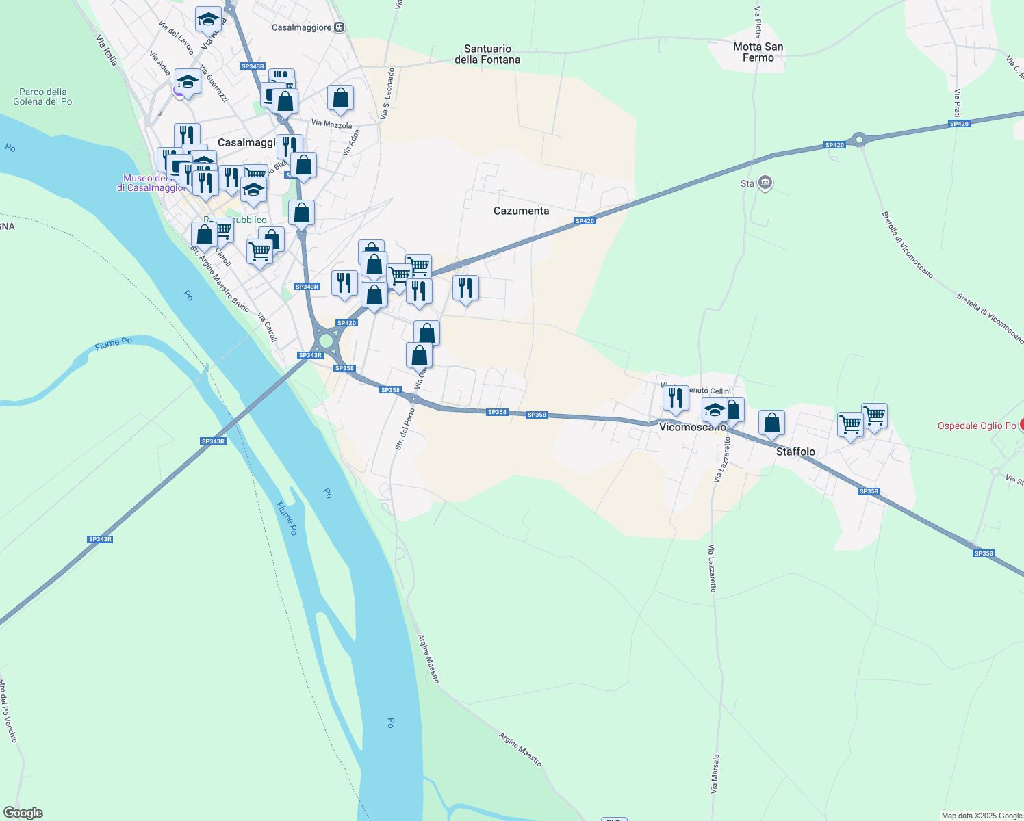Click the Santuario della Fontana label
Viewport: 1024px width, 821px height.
[487, 54]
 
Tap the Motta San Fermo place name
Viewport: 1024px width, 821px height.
[758, 52]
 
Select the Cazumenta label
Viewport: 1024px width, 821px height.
[521, 211]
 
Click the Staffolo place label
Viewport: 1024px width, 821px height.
[795, 452]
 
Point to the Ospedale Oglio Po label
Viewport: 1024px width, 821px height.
[976, 426]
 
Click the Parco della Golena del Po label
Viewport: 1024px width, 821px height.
[42, 96]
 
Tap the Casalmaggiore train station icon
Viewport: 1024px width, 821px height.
[339, 27]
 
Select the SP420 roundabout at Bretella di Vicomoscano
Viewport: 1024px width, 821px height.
[860, 139]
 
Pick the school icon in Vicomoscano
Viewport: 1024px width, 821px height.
[715, 410]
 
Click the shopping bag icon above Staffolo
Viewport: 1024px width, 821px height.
[771, 423]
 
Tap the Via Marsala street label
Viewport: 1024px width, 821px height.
[715, 774]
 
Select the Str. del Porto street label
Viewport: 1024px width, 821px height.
[405, 429]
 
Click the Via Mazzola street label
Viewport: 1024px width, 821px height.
[331, 125]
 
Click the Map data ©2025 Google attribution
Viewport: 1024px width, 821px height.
[982, 816]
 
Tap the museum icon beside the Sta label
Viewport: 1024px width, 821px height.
[765, 183]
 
